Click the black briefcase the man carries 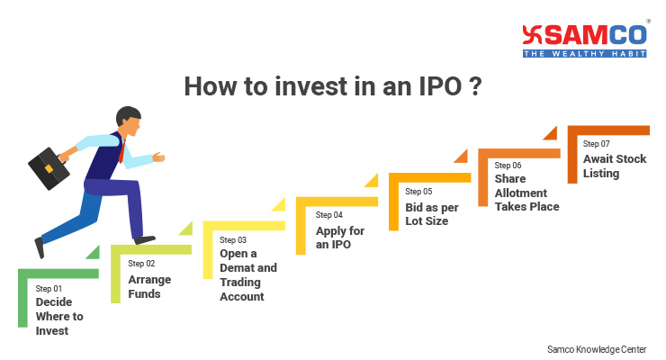(49, 168)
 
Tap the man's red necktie (121, 152)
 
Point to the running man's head (129, 121)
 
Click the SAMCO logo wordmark (585, 36)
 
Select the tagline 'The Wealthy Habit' (585, 53)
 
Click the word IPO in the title (440, 86)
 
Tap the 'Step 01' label (49, 289)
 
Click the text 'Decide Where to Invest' (59, 316)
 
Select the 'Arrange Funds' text (149, 286)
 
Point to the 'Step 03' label (233, 240)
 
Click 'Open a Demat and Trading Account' (248, 274)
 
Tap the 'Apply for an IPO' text (340, 238)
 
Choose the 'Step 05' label (418, 192)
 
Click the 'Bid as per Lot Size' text (432, 214)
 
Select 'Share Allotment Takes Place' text (526, 193)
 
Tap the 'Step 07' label (596, 144)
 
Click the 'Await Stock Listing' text (615, 166)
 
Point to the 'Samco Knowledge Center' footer (597, 349)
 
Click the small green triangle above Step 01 (94, 254)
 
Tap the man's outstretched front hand (158, 157)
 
